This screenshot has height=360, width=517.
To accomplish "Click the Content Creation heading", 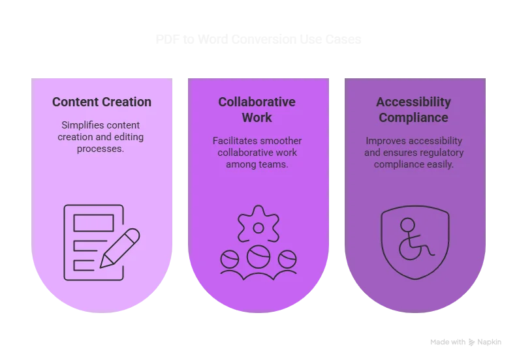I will [x=102, y=102].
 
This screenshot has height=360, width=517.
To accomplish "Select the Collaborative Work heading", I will [x=257, y=110].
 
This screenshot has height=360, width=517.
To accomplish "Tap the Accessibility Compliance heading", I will [x=413, y=110].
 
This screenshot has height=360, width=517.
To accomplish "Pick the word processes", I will [x=101, y=149].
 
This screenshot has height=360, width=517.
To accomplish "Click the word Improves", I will [x=386, y=141].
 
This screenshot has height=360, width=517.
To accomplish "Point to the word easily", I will [x=439, y=164].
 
